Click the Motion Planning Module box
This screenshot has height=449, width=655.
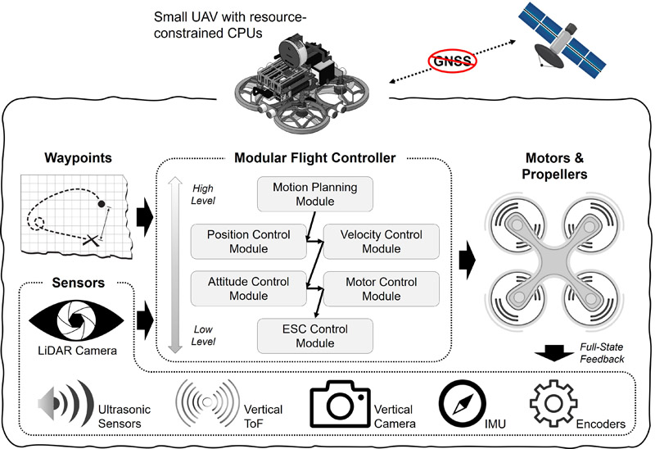[315, 194]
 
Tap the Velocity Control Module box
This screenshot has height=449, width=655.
[382, 242]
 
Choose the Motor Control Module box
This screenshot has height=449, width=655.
[382, 288]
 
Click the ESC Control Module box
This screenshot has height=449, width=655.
[315, 335]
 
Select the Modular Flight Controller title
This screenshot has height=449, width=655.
[315, 157]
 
